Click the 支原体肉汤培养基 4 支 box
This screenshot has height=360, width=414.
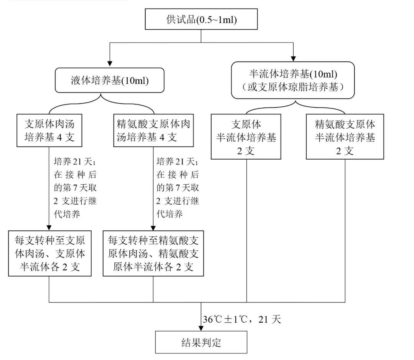(x=49, y=130)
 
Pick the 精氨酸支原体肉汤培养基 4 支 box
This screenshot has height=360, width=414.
(x=153, y=130)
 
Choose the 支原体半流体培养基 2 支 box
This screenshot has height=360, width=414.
(x=246, y=136)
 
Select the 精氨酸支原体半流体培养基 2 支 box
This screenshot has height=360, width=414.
(x=345, y=136)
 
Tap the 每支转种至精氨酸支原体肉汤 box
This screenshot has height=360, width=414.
(x=153, y=253)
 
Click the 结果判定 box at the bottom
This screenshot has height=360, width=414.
(x=201, y=342)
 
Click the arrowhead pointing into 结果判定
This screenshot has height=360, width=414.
(x=201, y=327)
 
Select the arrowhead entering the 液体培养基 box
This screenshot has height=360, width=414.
(x=110, y=64)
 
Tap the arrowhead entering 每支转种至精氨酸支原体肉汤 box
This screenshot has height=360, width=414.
(x=153, y=228)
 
